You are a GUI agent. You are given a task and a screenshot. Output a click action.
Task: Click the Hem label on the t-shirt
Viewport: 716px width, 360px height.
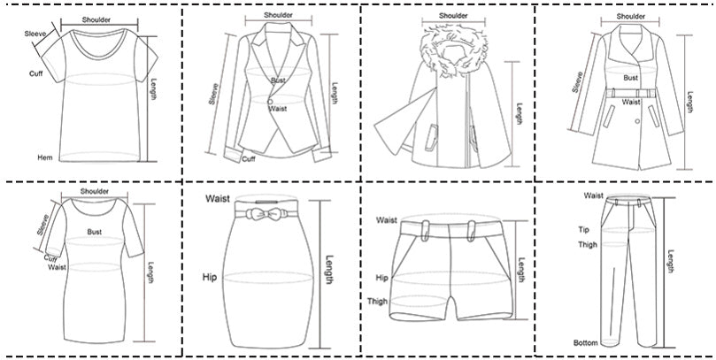pyautogui.click(x=45, y=157)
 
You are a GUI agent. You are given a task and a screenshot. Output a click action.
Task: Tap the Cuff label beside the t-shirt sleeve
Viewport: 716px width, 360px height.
pyautogui.click(x=36, y=73)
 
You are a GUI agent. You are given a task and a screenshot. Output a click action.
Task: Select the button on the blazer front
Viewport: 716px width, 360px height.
pyautogui.click(x=270, y=102)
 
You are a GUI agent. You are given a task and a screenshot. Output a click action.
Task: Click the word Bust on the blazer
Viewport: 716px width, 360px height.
pyautogui.click(x=278, y=80)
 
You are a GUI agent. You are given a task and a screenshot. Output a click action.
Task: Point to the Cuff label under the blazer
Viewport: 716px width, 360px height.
pyautogui.click(x=249, y=159)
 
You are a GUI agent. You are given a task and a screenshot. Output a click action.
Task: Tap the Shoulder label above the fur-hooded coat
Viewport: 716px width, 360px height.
pyautogui.click(x=453, y=16)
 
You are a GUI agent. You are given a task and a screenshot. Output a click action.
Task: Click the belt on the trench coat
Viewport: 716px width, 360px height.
pyautogui.click(x=631, y=93)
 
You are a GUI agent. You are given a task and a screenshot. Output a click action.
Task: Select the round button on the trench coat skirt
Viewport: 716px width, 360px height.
pyautogui.click(x=637, y=121)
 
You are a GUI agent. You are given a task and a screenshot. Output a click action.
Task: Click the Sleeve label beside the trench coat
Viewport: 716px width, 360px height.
pyautogui.click(x=578, y=82)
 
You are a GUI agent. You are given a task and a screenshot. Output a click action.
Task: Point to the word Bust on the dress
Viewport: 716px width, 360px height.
pyautogui.click(x=95, y=232)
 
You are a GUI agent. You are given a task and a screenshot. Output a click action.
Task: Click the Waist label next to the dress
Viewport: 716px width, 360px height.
pyautogui.click(x=57, y=267)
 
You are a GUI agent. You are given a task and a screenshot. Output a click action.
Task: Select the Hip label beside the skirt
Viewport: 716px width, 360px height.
pyautogui.click(x=210, y=277)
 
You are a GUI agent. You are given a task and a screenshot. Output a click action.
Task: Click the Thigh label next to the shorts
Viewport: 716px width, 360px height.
pyautogui.click(x=377, y=301)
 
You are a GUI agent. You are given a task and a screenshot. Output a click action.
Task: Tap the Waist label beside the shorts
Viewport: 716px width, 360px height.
pyautogui.click(x=386, y=220)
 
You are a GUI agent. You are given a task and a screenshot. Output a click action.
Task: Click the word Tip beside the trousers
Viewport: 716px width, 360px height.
pyautogui.click(x=584, y=230)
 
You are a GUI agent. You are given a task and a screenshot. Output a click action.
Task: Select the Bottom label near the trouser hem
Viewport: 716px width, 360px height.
pyautogui.click(x=586, y=342)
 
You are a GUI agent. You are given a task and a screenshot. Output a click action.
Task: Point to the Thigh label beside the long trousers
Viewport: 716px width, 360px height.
pyautogui.click(x=588, y=244)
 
